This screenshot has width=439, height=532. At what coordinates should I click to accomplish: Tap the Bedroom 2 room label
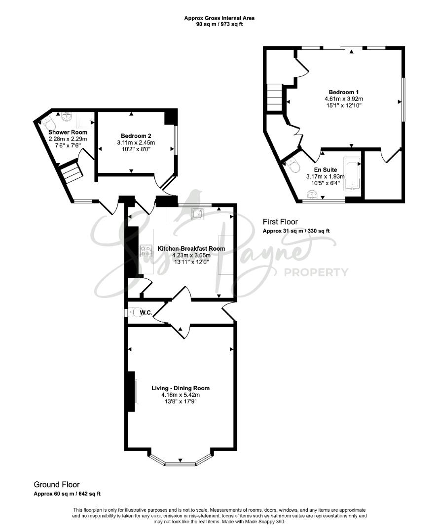coord(136,136)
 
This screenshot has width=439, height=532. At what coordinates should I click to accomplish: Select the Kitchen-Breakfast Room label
coord(191,249)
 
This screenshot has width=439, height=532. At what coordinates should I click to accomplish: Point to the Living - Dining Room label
coord(181,388)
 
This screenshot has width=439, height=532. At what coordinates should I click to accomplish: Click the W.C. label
coord(146,313)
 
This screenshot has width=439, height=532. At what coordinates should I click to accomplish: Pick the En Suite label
coord(326,169)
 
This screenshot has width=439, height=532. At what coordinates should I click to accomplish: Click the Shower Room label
coord(68,133)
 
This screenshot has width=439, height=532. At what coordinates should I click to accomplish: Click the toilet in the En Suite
coord(292,166)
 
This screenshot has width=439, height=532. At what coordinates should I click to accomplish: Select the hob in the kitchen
coord(146,250)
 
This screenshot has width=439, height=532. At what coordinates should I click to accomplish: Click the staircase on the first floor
coord(275,98)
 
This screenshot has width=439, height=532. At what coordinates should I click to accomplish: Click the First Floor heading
coord(280,222)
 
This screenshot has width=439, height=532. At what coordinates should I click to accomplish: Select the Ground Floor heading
coord(56,485)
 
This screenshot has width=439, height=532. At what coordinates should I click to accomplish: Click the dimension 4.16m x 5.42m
coord(181,395)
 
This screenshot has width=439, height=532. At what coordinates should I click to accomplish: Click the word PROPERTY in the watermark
coord(316,272)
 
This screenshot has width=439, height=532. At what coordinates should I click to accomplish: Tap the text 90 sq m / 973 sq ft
coord(219,24)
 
